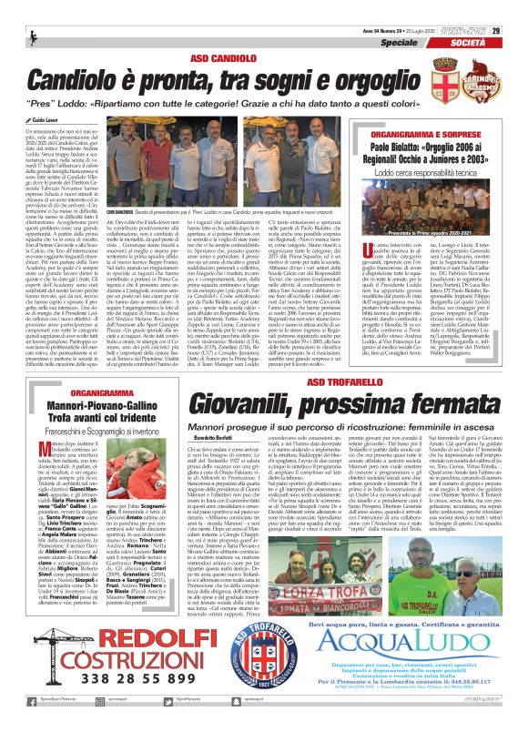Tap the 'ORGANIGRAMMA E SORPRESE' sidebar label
pos(423,132)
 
